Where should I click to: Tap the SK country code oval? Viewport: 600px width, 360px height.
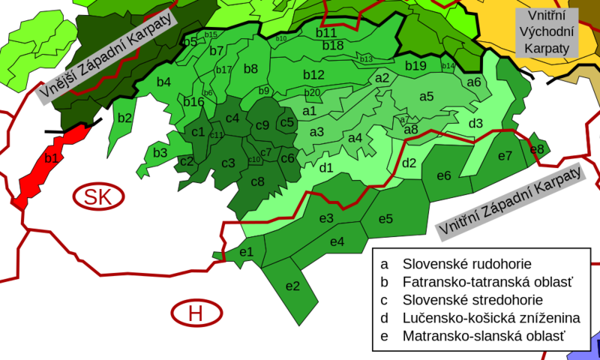(100, 196)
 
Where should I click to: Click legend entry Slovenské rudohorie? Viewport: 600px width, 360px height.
(466, 264)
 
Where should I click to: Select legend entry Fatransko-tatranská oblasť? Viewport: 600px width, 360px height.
(487, 282)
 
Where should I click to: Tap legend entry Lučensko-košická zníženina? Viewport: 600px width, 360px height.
(490, 318)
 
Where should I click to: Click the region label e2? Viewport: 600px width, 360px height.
(292, 286)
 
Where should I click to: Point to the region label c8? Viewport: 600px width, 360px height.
(257, 181)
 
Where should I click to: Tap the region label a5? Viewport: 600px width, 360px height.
(427, 96)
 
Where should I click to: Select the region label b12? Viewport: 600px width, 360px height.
(313, 74)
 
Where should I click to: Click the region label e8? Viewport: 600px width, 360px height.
(537, 149)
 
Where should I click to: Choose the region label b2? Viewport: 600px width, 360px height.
(124, 118)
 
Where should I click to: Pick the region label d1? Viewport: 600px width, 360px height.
(326, 168)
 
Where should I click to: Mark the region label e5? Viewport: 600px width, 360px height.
(385, 219)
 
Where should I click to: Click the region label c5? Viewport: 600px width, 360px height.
(286, 122)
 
